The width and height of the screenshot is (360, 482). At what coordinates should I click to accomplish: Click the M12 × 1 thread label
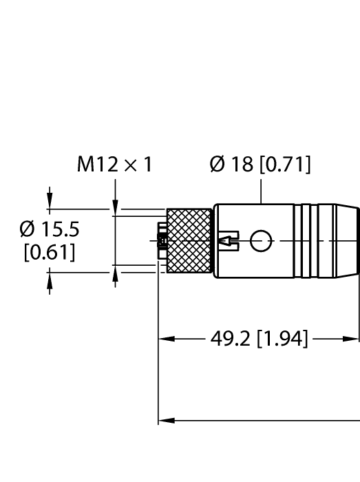pos(115,165)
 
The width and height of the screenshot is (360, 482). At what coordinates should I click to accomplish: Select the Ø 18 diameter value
pos(237,165)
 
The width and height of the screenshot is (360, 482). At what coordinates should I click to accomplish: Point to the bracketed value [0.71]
pos(284,165)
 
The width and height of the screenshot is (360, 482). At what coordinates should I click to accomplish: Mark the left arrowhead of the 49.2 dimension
pos(165,339)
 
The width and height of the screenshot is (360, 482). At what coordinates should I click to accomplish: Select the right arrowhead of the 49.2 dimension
pos(354,339)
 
